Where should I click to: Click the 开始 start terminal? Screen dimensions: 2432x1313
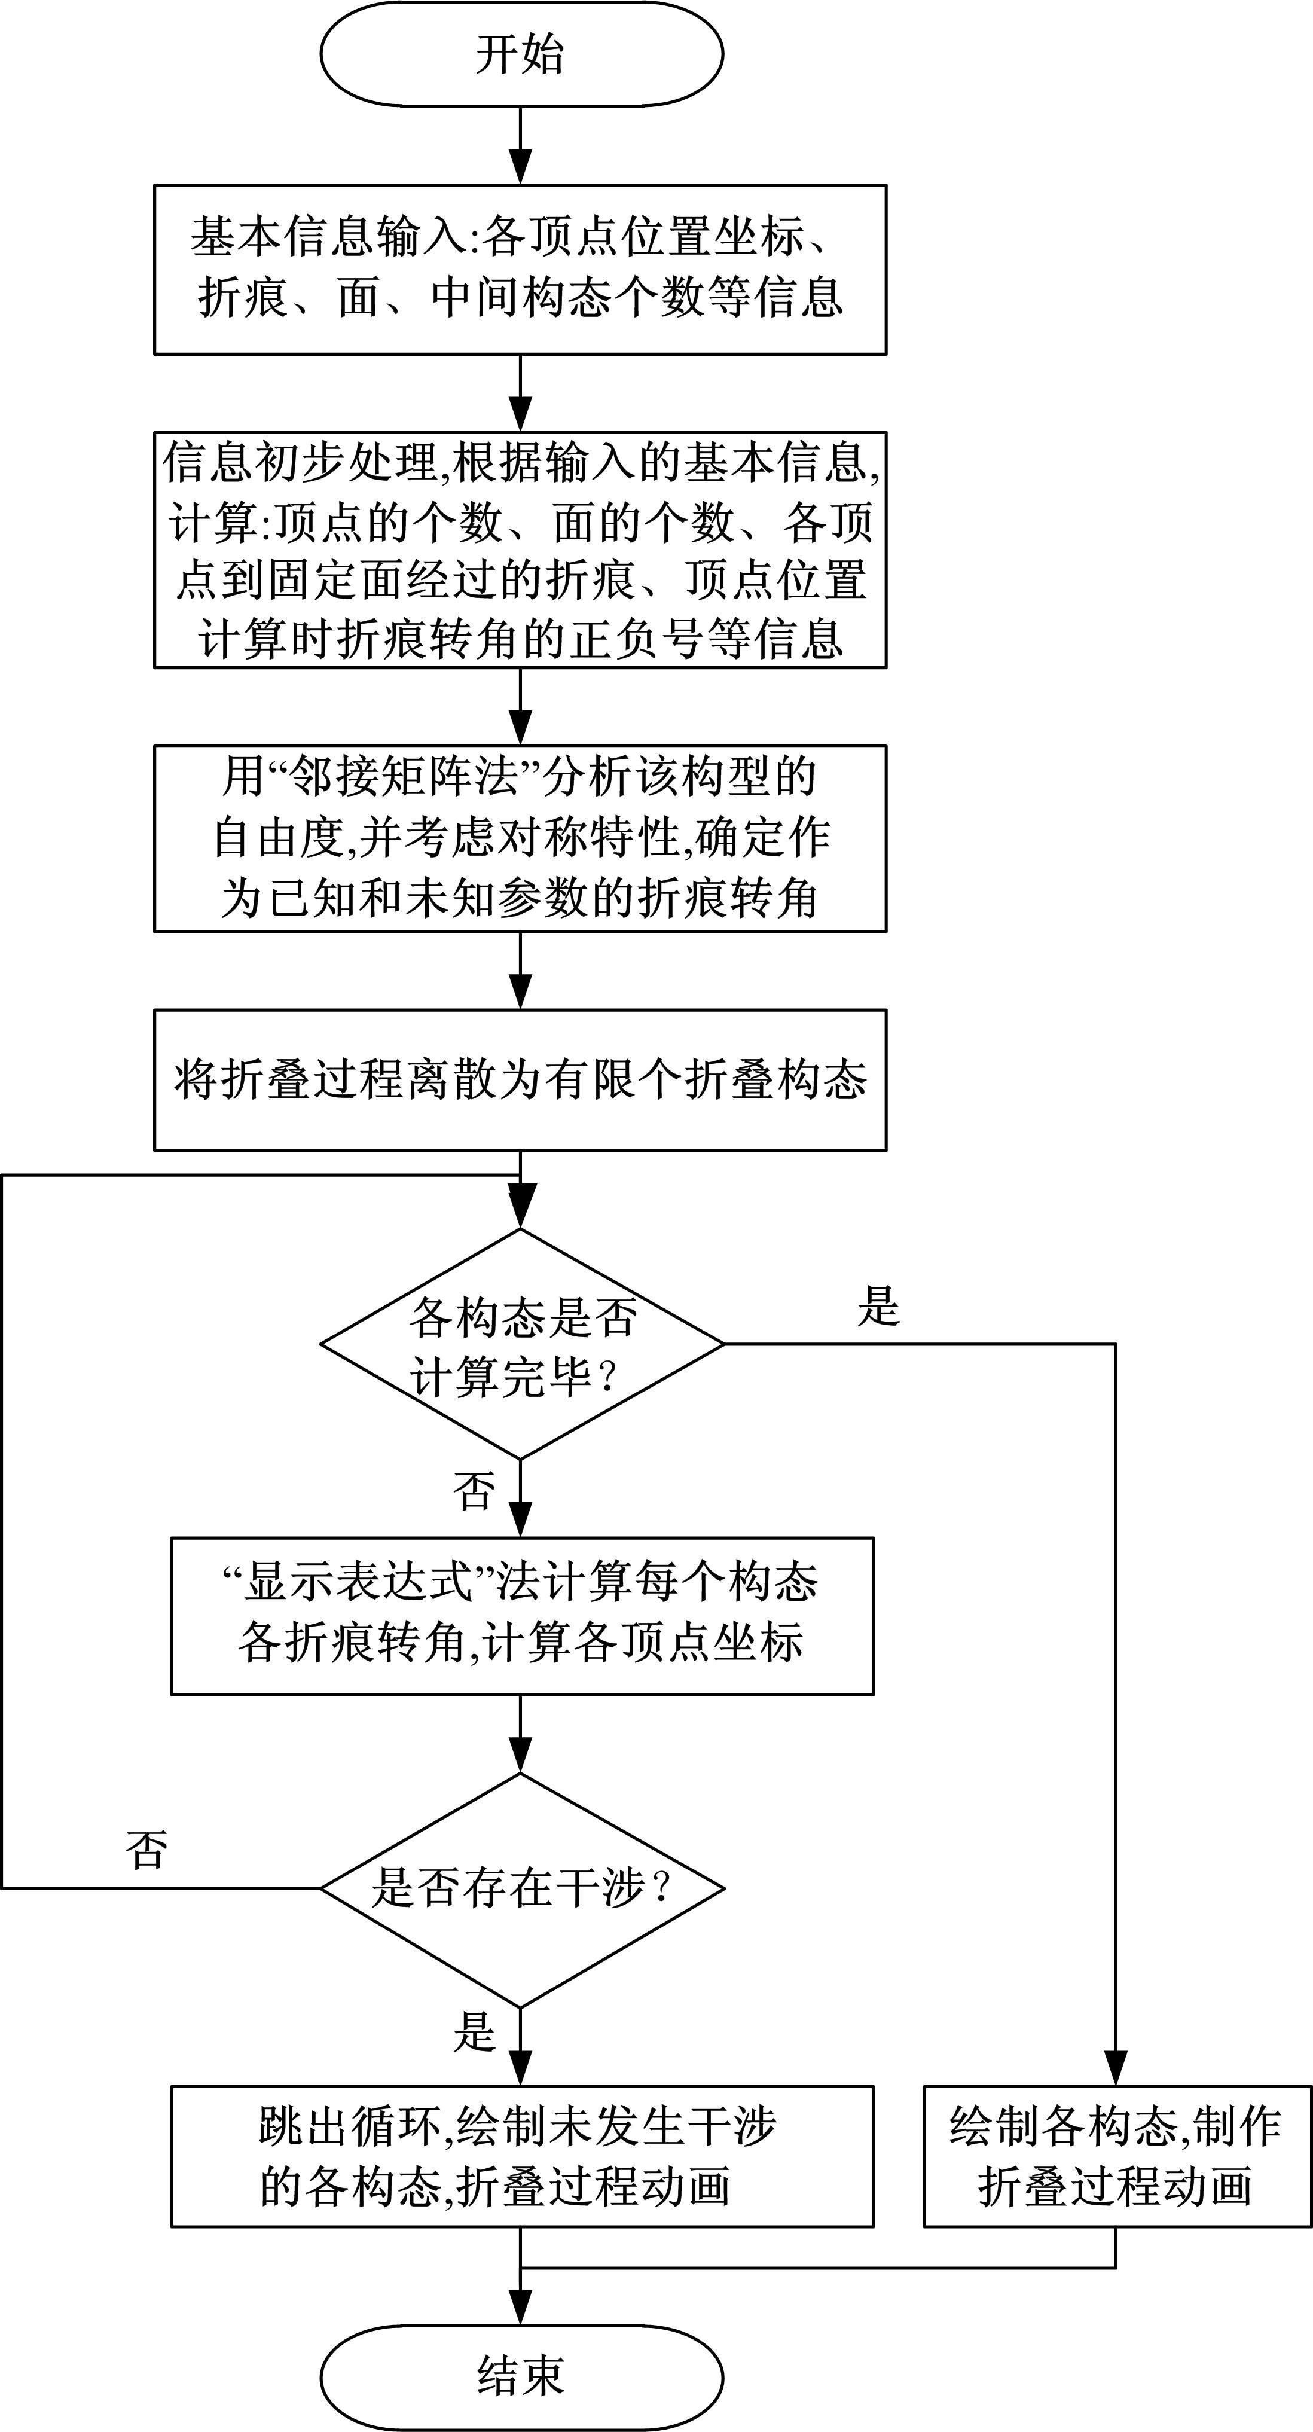[x=521, y=54]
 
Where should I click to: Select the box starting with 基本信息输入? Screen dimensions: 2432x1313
[x=520, y=269]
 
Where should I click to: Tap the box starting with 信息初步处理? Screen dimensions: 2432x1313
[x=520, y=550]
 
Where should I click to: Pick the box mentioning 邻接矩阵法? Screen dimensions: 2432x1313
[x=520, y=838]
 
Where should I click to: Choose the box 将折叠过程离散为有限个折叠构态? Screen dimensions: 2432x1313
[x=520, y=1080]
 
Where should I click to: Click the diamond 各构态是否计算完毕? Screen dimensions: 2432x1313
[x=521, y=1344]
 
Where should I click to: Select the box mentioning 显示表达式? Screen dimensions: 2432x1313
[x=521, y=1616]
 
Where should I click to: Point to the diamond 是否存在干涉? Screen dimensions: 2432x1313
[x=521, y=1888]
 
